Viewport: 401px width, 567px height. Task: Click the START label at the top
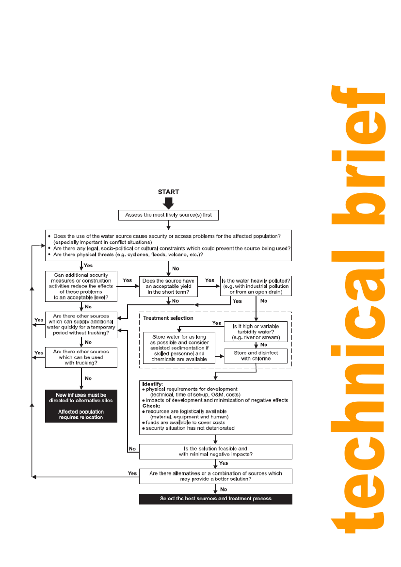click(x=168, y=192)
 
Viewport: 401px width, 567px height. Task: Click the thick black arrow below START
click(x=168, y=203)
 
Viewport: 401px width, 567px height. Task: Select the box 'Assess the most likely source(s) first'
click(x=168, y=215)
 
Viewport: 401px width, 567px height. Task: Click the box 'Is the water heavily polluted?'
click(x=256, y=286)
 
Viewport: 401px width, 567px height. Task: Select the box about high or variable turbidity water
click(x=256, y=332)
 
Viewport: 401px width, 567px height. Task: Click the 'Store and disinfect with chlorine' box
click(x=256, y=356)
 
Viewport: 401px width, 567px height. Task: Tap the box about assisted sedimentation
click(x=179, y=347)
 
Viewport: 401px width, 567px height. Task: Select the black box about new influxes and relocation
click(x=81, y=405)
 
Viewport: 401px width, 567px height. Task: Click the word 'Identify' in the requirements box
click(x=152, y=384)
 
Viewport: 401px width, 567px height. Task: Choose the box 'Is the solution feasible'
click(x=215, y=452)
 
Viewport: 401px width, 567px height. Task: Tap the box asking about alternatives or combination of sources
click(x=215, y=476)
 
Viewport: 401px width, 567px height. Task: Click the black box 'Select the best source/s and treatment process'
click(x=215, y=499)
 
